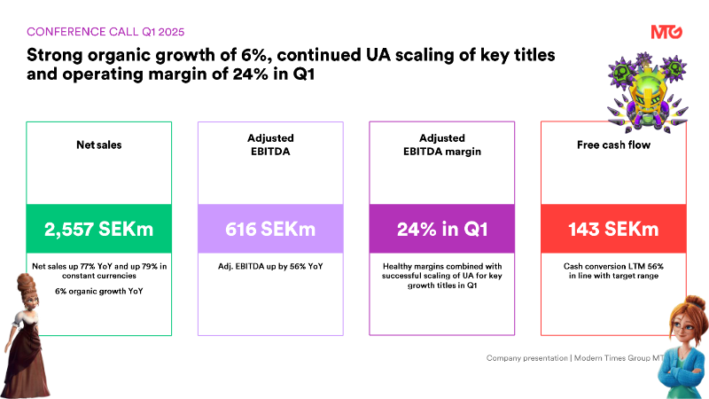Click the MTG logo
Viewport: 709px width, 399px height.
[x=666, y=32]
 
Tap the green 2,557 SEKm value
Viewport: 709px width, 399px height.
[x=99, y=230]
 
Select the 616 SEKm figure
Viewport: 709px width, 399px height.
[x=269, y=230]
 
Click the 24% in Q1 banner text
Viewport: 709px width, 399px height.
[x=441, y=230]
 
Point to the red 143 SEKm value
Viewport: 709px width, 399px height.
[x=612, y=230]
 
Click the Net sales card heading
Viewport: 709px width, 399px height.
[x=99, y=145]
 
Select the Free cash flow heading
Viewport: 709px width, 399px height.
[x=612, y=145]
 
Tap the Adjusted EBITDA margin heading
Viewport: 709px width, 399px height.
[x=441, y=145]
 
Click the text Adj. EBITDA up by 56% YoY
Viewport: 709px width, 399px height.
[x=269, y=266]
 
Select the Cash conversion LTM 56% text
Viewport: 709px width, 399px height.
[x=612, y=266]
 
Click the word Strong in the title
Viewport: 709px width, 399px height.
[x=54, y=56]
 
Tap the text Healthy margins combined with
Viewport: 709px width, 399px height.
[x=441, y=266]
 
